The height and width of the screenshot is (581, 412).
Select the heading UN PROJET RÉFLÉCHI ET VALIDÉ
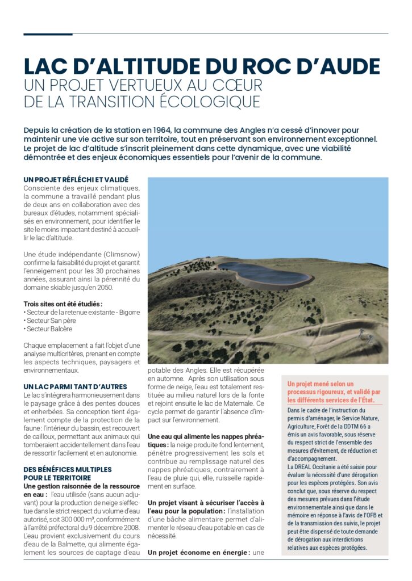pyautogui.click(x=76, y=180)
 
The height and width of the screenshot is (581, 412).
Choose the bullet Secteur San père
pyautogui.click(x=53, y=321)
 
